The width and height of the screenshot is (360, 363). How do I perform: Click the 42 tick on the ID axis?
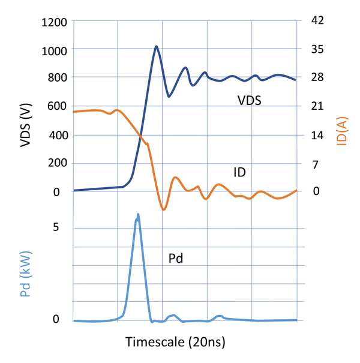coord(317,20)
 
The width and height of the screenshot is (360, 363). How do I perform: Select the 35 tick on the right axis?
coord(317,49)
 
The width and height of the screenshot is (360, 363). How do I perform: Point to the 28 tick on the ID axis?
coord(317,77)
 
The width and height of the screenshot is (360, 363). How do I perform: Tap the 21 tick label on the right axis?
coord(317,106)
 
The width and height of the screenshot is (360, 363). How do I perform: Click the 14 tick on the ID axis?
coord(317,135)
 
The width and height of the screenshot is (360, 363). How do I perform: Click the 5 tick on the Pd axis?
coord(56,227)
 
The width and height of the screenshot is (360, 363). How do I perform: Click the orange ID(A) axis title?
coord(342,130)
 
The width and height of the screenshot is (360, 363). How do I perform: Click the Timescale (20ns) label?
coord(175,342)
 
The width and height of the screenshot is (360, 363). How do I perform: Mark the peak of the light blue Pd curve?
coord(138,214)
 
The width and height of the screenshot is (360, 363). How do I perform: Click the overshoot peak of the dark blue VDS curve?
coord(156,46)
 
